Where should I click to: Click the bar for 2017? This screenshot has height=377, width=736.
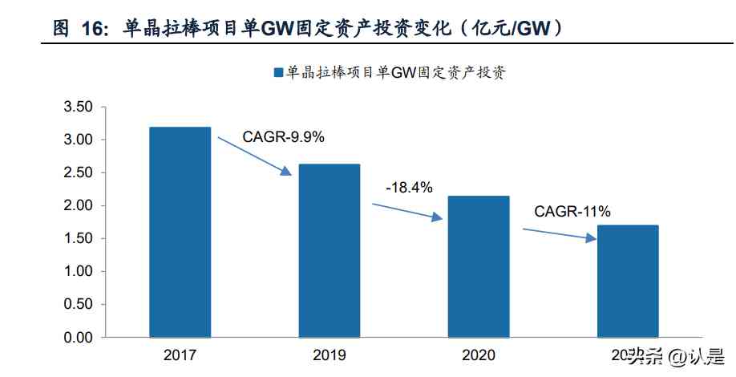180,232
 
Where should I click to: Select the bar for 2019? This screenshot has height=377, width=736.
330,250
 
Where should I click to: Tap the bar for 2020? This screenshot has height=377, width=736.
479,266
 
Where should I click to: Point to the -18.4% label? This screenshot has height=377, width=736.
409,188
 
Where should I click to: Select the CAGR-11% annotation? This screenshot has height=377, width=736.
572,212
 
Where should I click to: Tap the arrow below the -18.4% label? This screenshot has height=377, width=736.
407,211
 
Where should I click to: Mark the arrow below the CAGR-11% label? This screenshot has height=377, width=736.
560,233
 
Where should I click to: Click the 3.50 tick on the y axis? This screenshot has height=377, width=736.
78,107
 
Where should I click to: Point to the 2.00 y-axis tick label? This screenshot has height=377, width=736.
78,206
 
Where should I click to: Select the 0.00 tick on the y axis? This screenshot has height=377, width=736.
78,338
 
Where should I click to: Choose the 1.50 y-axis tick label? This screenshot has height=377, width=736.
78,239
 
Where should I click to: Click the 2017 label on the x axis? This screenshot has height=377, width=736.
180,355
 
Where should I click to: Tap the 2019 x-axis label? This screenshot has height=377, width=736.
330,355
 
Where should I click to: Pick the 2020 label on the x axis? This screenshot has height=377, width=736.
479,355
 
